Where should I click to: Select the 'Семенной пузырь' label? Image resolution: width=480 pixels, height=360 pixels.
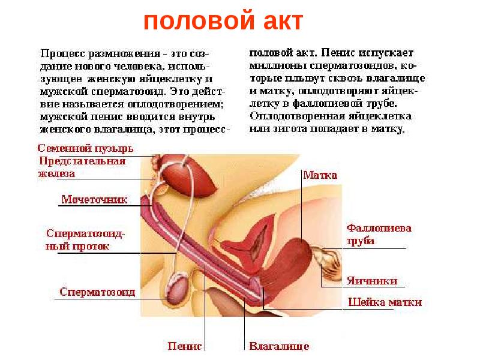[85, 148]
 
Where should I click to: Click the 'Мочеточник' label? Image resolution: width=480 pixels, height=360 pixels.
[94, 200]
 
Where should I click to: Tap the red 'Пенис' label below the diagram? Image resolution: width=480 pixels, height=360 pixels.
[186, 346]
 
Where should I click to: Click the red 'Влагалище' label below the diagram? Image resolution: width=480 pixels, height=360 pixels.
[279, 347]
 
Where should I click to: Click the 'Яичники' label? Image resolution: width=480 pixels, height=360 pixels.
[373, 281]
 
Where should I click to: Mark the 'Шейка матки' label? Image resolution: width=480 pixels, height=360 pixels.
[385, 302]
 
